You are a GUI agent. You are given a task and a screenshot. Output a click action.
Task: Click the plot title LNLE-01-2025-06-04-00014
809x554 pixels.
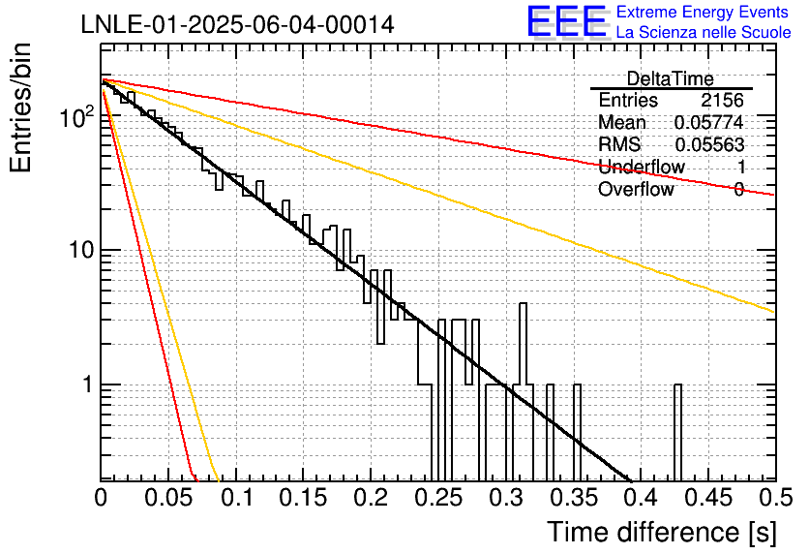237,25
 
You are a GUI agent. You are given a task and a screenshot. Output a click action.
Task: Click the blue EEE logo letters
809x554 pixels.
567,21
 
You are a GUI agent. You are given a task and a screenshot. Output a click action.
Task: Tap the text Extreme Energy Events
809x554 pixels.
703,12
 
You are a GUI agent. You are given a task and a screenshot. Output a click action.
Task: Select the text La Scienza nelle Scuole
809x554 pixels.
704,33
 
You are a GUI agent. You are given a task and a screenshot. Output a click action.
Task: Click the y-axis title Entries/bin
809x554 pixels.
20,108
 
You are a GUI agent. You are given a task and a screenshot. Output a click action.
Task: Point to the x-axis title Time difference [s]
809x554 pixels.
662,533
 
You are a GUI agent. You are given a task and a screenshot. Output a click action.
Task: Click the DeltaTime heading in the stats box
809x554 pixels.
670,79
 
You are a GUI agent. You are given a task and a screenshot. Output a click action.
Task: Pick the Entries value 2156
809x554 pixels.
722,100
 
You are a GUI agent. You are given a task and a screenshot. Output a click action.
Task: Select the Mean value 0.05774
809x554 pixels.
708,122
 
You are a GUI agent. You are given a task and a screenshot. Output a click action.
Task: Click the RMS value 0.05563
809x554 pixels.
709,144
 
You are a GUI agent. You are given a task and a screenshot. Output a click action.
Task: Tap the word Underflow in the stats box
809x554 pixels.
642,167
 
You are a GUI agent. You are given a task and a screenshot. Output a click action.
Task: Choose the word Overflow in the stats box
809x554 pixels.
636,190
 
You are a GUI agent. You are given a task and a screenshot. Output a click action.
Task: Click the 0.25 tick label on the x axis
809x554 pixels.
438,498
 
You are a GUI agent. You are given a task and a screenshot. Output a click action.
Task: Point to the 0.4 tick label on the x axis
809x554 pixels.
641,498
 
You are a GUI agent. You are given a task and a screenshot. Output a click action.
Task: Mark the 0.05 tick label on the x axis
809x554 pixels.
168,498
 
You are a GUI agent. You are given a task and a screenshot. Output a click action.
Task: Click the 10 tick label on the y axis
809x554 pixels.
82,251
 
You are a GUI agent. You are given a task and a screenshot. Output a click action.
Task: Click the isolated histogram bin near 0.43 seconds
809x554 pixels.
678,433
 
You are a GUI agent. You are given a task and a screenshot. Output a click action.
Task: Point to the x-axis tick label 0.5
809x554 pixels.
776,498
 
